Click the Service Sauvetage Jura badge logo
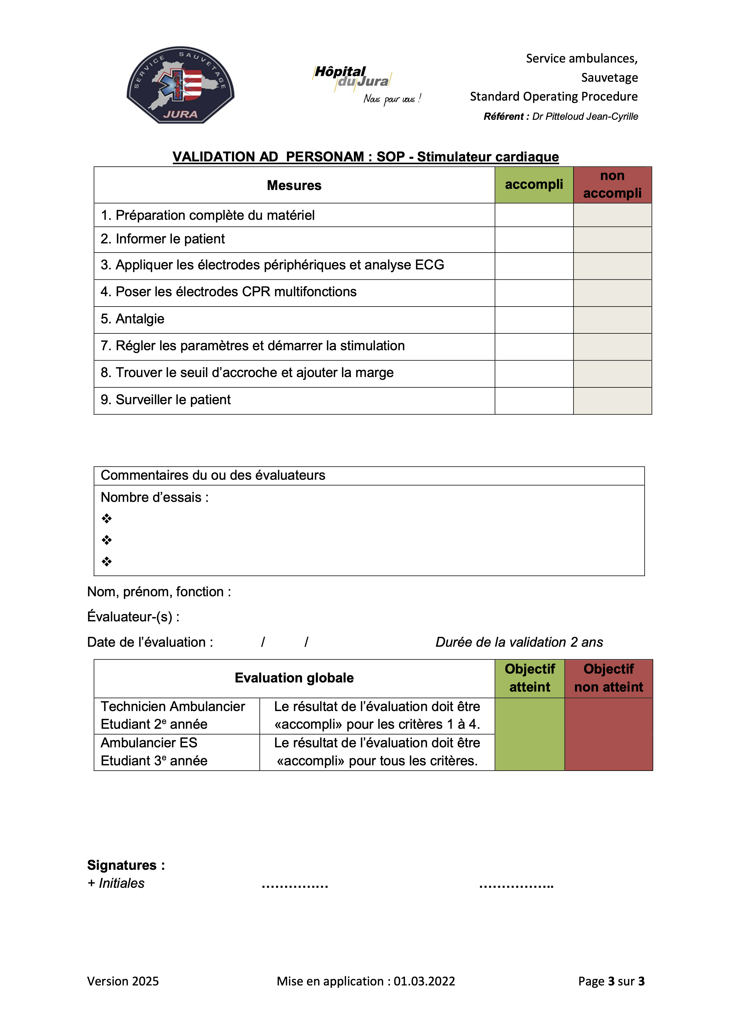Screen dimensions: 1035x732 (x=180, y=85)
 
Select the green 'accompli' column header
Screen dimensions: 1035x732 (x=534, y=185)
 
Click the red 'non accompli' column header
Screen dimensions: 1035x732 (x=612, y=185)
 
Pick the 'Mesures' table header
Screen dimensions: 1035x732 (x=294, y=185)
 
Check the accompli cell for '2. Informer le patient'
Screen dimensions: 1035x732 (x=534, y=239)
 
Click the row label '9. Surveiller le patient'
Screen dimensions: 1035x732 (x=166, y=400)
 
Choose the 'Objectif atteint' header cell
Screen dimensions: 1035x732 (x=530, y=678)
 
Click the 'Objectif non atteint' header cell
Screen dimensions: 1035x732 (x=608, y=678)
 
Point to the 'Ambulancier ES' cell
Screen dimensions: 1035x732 (x=149, y=743)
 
